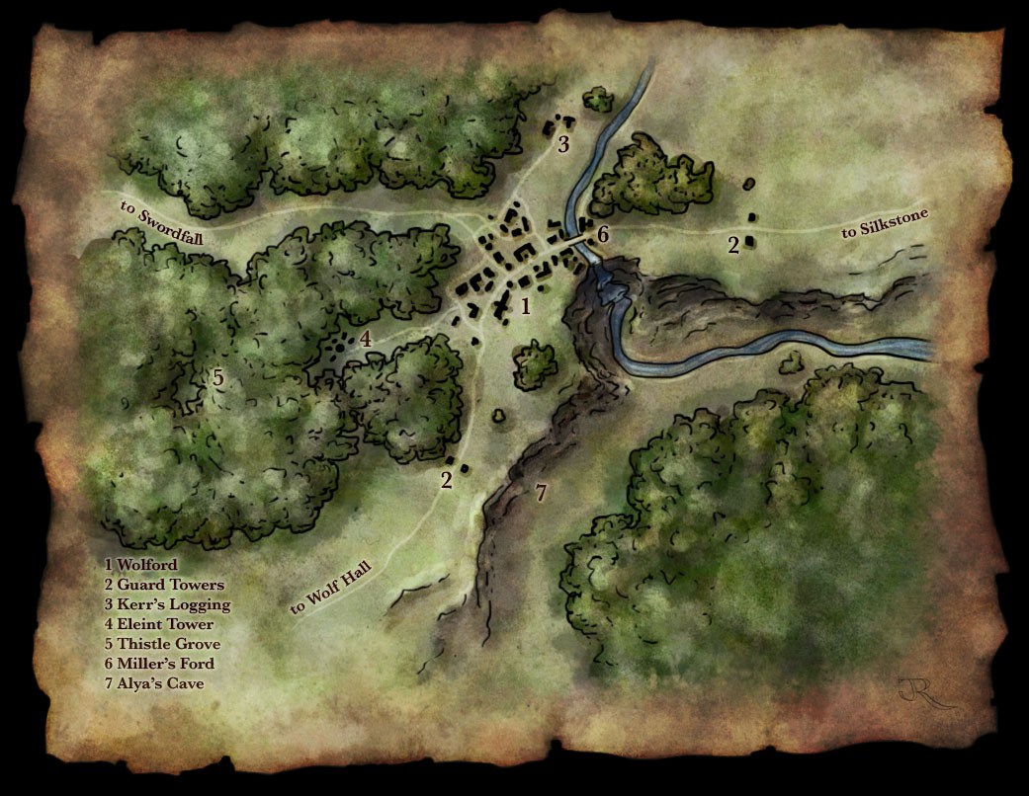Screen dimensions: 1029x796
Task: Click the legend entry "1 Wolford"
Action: pyautogui.click(x=141, y=565)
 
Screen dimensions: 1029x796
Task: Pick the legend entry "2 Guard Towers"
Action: pyautogui.click(x=164, y=585)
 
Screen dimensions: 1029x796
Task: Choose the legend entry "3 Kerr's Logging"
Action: pyautogui.click(x=167, y=604)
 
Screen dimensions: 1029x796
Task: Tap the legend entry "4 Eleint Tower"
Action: pyautogui.click(x=158, y=624)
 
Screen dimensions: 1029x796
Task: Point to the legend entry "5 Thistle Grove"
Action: pyautogui.click(x=162, y=644)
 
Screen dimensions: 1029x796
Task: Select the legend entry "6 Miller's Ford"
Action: pyautogui.click(x=159, y=664)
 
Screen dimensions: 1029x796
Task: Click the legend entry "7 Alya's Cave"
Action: pyautogui.click(x=154, y=683)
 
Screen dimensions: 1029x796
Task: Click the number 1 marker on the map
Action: pyautogui.click(x=526, y=306)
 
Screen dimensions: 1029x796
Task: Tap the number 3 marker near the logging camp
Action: pyautogui.click(x=563, y=145)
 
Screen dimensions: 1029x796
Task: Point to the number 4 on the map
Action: pyautogui.click(x=365, y=339)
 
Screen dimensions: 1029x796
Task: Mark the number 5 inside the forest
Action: pyautogui.click(x=218, y=377)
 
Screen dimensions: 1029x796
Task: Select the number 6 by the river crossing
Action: pyautogui.click(x=603, y=234)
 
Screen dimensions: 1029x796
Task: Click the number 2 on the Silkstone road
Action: pyautogui.click(x=733, y=245)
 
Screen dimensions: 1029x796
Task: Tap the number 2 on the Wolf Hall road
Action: pyautogui.click(x=447, y=481)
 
